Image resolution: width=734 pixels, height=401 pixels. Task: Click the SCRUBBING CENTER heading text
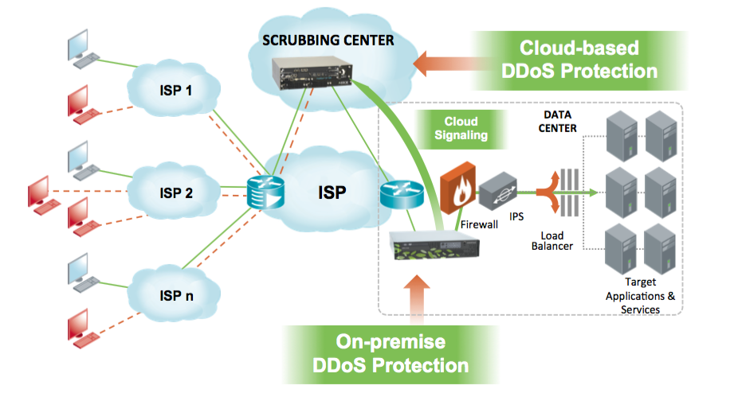(328, 39)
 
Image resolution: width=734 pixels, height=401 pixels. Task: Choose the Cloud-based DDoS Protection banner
(579, 60)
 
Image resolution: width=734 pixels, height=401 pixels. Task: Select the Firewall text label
(479, 225)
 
